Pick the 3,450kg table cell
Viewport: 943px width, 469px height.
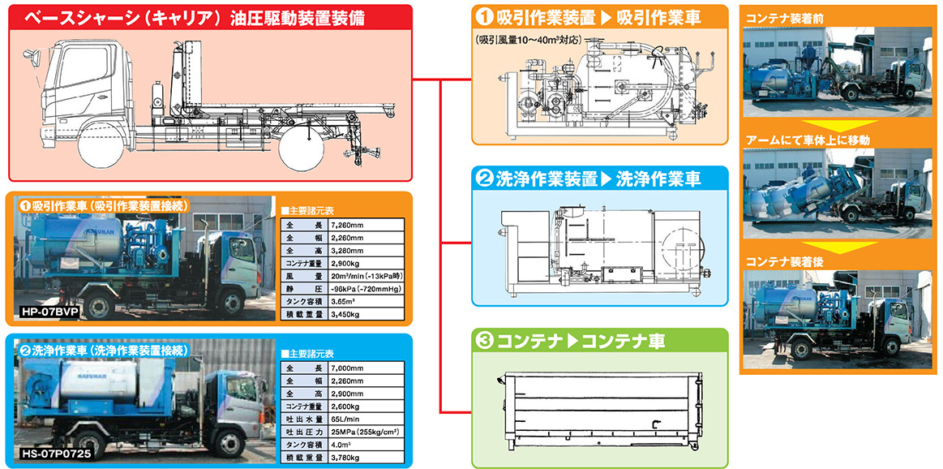pos(345,313)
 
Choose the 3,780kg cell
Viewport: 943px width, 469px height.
pos(345,456)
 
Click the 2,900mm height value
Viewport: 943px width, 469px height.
pos(347,393)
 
